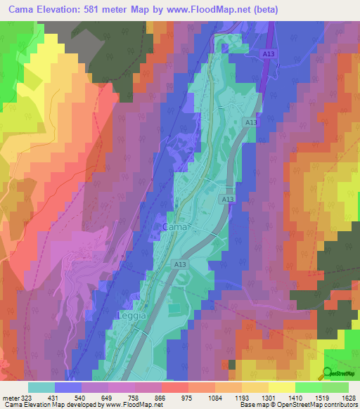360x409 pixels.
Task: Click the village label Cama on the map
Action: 174,228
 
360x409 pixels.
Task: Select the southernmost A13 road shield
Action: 181,264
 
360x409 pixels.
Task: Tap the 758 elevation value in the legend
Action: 151,397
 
